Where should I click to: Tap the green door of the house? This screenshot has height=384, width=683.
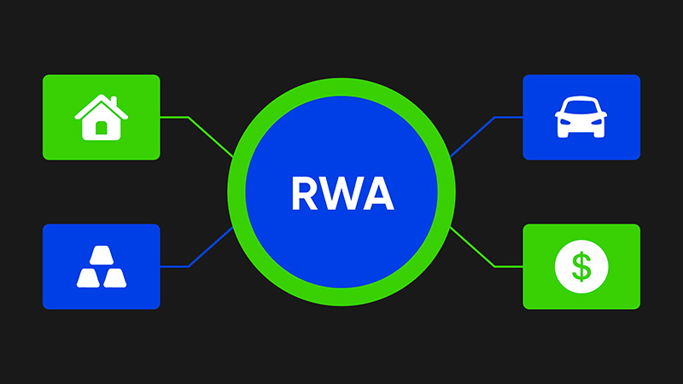coord(101,129)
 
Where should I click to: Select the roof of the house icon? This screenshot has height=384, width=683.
coord(101,105)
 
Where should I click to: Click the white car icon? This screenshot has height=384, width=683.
coord(581,118)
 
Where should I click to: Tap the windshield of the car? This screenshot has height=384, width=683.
coord(581,108)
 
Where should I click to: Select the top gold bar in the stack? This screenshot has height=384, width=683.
coord(101,255)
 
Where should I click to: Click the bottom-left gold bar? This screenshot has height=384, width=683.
coord(90,276)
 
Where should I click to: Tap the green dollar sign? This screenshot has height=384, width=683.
coord(581,267)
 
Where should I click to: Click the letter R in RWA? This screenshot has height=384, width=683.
coord(305,195)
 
